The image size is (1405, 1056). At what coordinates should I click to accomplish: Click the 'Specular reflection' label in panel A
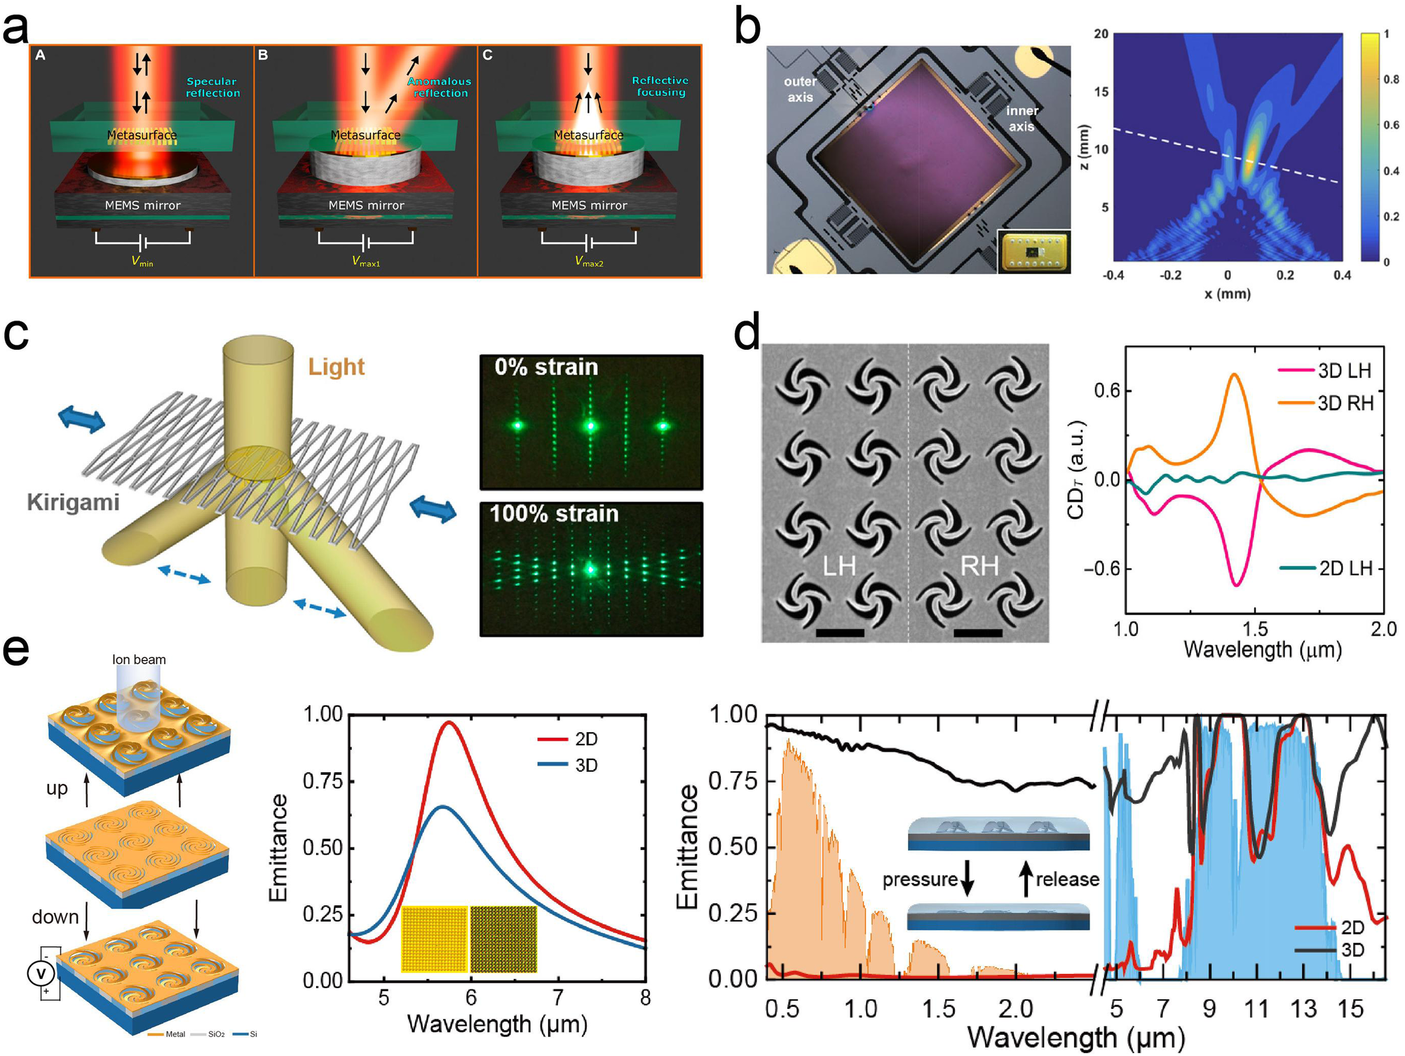point(212,87)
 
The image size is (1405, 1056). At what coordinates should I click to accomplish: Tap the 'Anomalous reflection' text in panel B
point(439,87)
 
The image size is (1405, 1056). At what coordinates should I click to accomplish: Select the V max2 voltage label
point(589,262)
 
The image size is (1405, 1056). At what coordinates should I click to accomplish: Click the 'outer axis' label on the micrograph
point(800,89)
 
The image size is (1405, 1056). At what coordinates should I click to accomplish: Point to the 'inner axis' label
point(1021,119)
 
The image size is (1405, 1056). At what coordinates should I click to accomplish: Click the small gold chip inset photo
point(1033,252)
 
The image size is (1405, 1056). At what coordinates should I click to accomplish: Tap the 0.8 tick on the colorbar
point(1391,79)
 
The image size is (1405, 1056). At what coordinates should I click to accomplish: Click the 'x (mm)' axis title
point(1227,294)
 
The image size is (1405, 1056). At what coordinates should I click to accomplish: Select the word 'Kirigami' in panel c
point(73,502)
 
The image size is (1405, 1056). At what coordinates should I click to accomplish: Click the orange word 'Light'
point(337,367)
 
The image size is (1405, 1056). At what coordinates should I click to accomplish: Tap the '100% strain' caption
point(554,514)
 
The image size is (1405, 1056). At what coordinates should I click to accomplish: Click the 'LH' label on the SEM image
point(839,565)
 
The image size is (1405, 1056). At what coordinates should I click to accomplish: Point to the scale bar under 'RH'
point(978,632)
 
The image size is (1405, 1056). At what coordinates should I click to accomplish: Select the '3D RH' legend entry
point(1344,403)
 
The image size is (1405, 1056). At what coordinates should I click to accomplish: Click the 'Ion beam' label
point(139,660)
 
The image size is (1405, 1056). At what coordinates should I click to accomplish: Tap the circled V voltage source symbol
point(41,973)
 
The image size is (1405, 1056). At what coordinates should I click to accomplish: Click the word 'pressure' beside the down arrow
point(920,879)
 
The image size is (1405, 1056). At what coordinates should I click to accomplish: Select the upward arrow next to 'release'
point(1026,879)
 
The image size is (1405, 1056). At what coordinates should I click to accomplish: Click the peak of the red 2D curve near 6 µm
point(449,722)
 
